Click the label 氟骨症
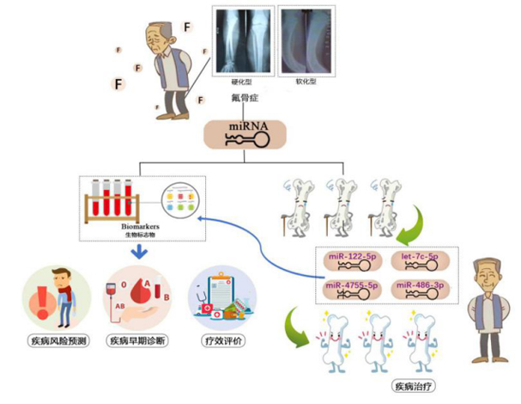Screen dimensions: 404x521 tap(243, 96)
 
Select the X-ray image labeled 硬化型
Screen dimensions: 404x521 tap(243, 39)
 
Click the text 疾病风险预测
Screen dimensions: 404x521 tap(51, 340)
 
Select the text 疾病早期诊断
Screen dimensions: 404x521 tap(136, 340)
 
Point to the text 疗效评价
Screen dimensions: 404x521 tap(222, 340)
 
